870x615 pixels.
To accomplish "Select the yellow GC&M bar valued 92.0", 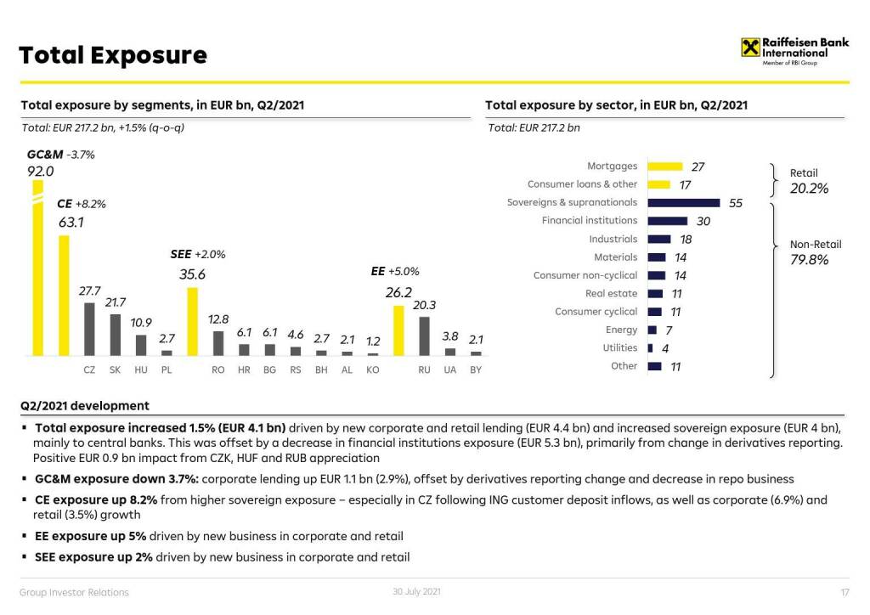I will click(37, 272).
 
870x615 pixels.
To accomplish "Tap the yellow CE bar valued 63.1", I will click(63, 296).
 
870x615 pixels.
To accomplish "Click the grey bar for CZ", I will click(89, 329).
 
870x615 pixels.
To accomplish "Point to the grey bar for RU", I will click(424, 336).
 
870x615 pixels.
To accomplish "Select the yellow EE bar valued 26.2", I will click(398, 330).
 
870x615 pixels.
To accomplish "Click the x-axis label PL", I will click(167, 370).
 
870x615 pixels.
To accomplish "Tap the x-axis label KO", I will click(372, 370).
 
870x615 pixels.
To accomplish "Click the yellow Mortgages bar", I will click(665, 166).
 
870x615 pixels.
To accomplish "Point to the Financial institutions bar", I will click(668, 221).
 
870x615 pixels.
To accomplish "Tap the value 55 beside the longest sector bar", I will click(736, 203).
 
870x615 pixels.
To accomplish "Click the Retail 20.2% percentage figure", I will click(809, 189).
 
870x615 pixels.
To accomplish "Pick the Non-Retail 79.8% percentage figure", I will click(809, 260).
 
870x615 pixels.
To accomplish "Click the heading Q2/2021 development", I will click(85, 406).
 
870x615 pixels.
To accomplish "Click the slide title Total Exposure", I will click(113, 55).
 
